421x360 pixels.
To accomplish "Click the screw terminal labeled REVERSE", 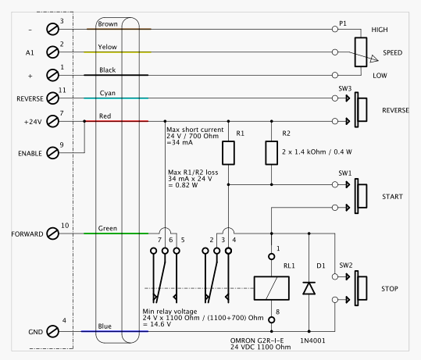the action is pos(52,98).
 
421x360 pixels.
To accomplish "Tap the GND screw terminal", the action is pos(52,332).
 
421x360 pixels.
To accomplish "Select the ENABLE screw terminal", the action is pos(52,153).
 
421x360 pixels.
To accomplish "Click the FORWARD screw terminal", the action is pos(52,233).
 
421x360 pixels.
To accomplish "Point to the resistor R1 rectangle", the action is pos(229,153).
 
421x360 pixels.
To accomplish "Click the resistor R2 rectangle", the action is pos(272,153).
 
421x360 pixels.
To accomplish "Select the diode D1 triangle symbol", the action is pos(309,288).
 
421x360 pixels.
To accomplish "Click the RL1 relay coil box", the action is pos(272,288).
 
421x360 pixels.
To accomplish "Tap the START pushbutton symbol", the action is pos(361,196).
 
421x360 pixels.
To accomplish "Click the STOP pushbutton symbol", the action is pos(361,288).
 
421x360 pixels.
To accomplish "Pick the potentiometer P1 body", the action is pos(361,52).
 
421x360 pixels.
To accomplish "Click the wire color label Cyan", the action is pos(108,93).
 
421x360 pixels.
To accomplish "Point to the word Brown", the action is pos(108,24).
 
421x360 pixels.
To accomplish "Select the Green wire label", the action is pos(108,229).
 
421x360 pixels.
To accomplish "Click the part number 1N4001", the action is pos(312,340).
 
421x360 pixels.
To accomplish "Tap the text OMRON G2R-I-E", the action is pos(257,340).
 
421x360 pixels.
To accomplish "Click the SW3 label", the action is pos(345,88).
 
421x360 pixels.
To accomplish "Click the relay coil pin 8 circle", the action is pos(272,320).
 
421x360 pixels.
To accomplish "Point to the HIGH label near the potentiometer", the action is pos(380,30).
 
